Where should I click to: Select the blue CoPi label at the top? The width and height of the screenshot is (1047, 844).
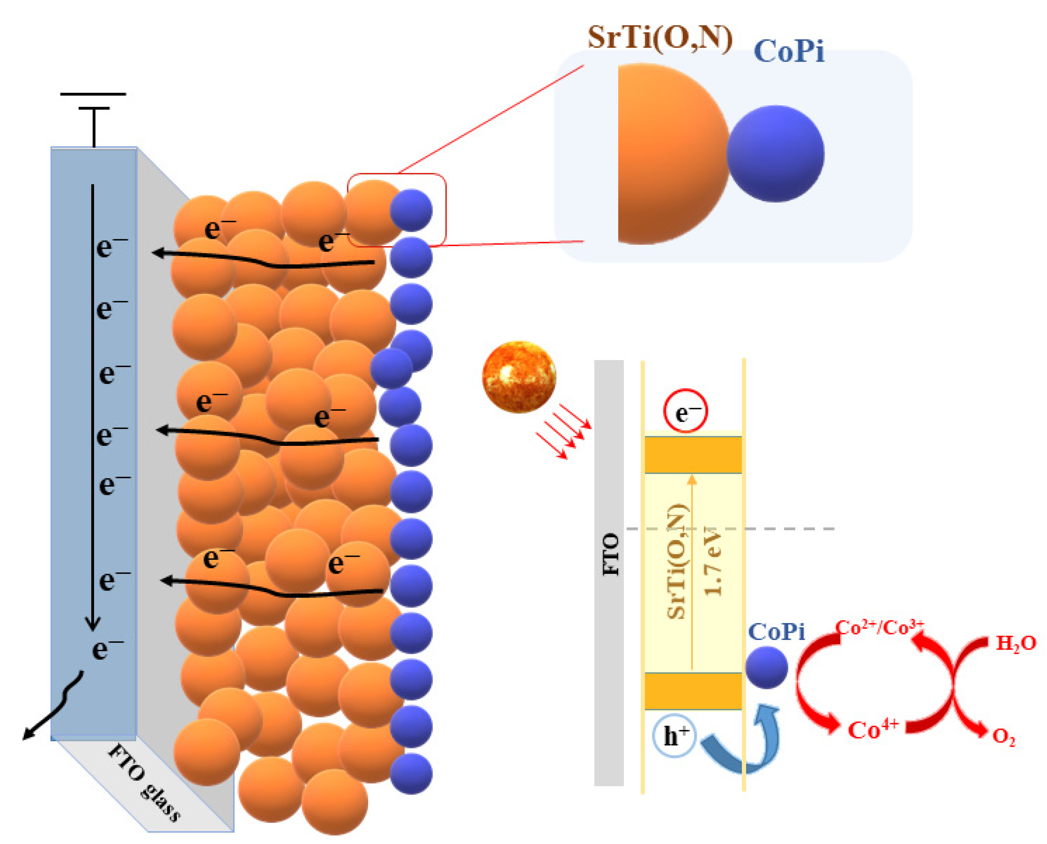[x=789, y=52]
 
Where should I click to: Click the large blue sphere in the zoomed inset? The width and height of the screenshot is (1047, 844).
[x=775, y=154]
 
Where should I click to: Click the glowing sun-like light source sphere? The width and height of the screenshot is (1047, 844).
[x=519, y=377]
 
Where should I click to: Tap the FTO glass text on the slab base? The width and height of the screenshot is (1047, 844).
[x=145, y=783]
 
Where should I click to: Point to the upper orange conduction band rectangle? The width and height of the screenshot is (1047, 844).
[x=693, y=454]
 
